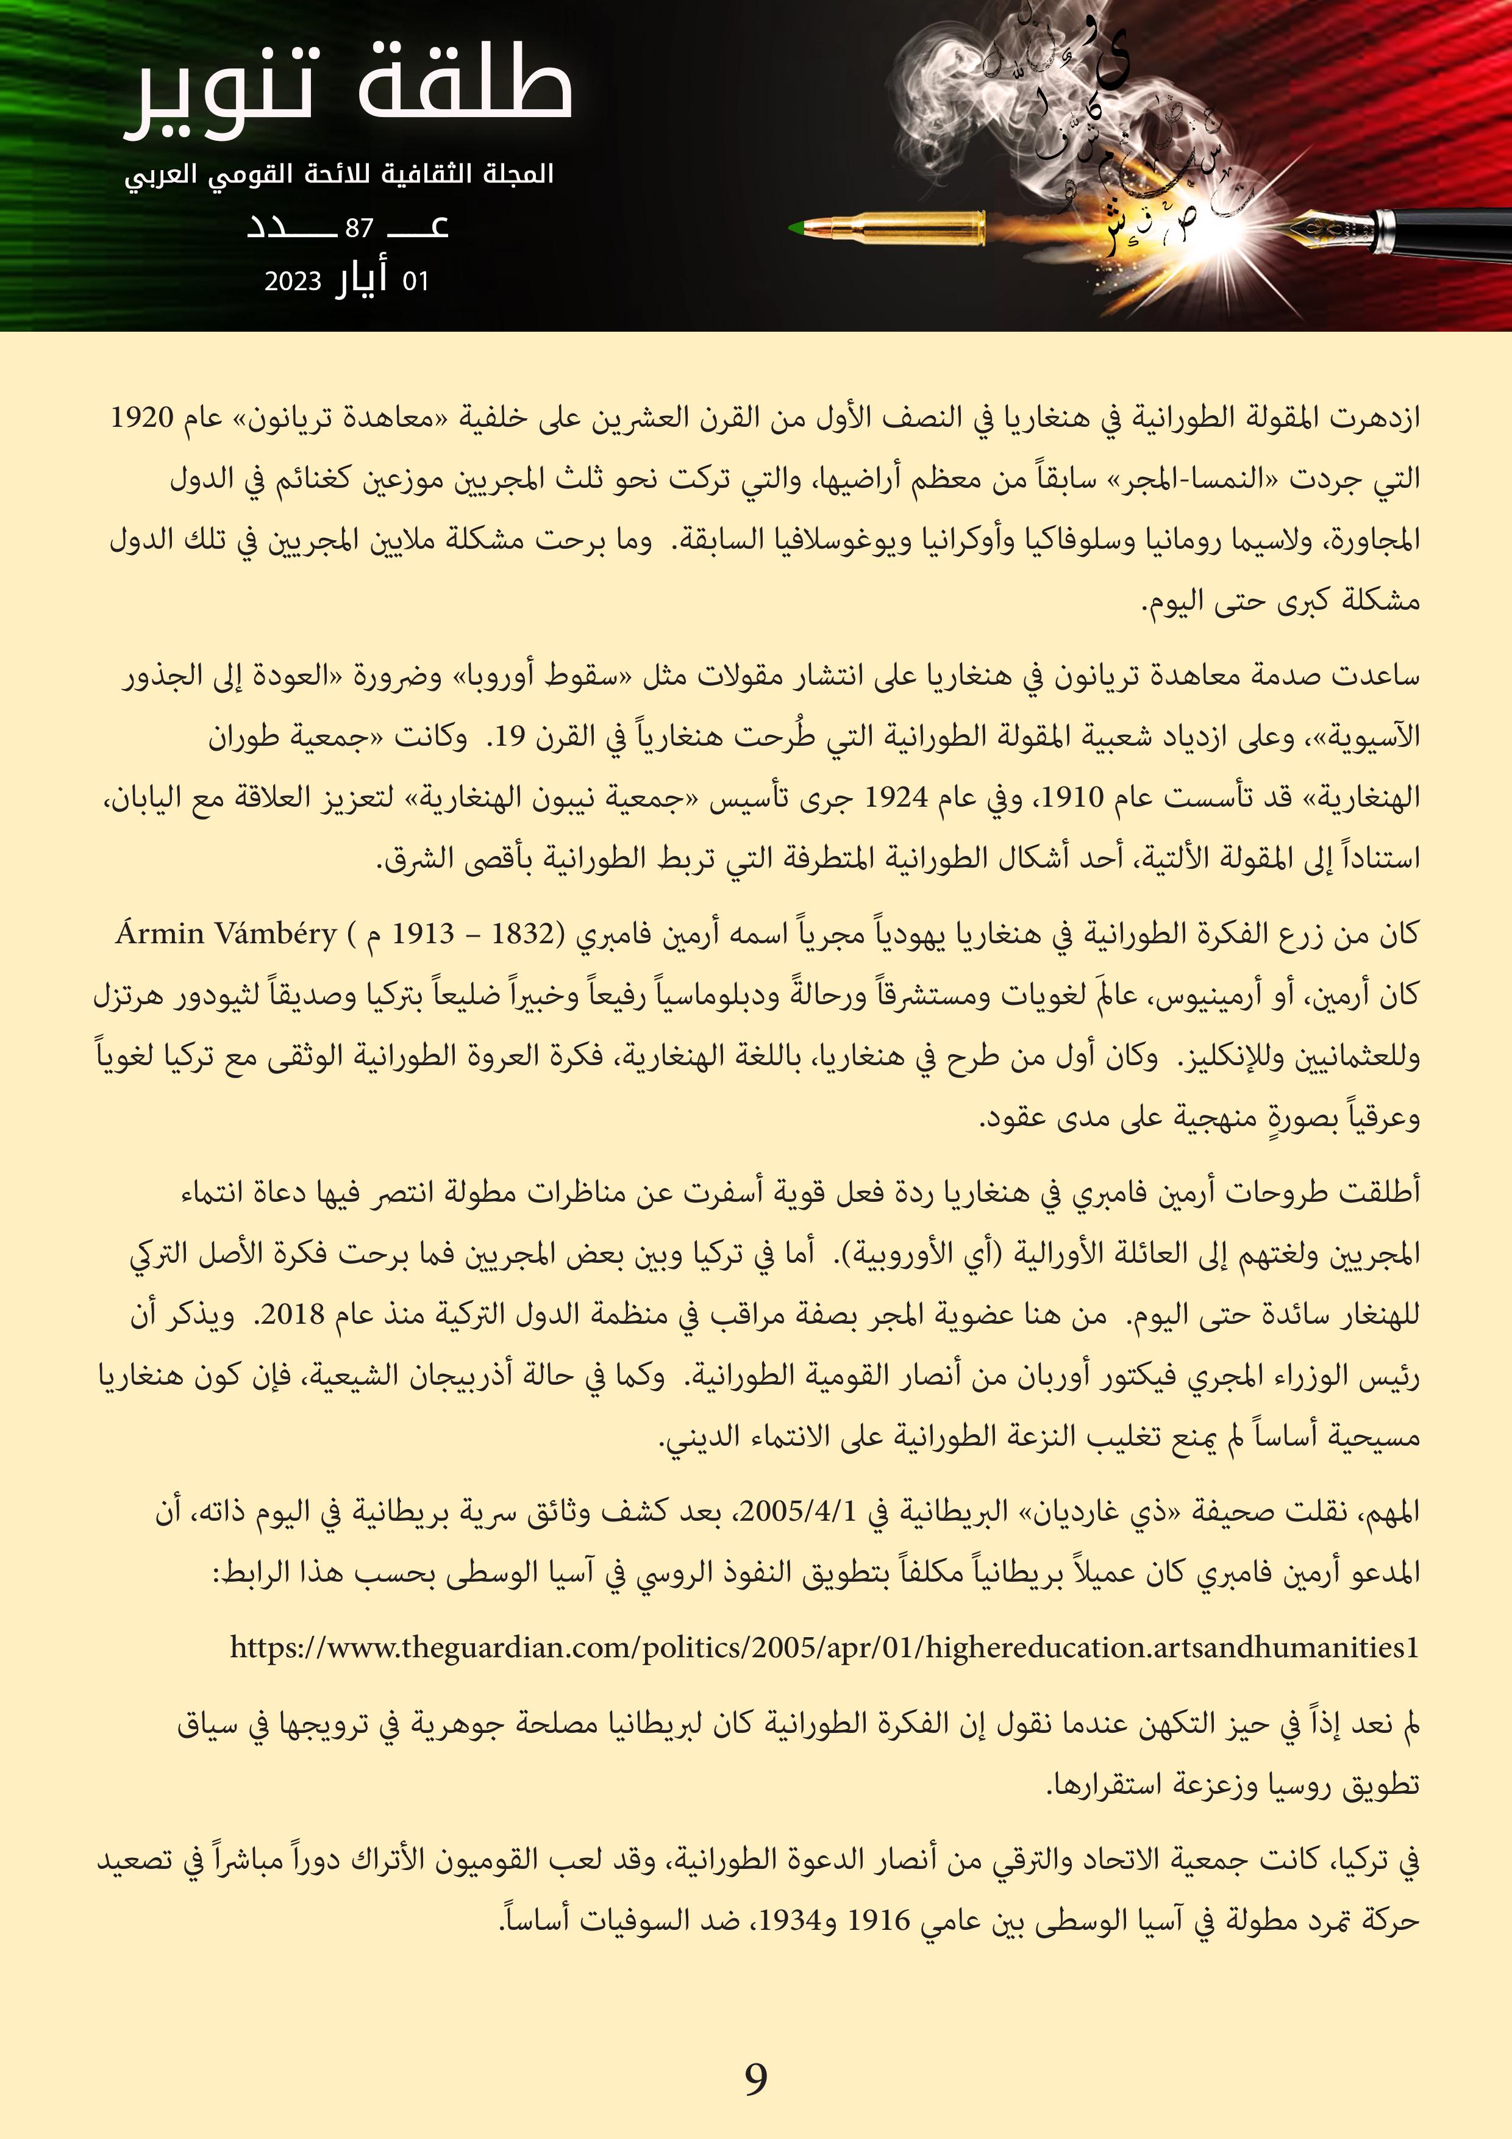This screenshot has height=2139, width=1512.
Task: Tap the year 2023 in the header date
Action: point(293,281)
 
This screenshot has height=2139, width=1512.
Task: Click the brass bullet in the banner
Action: point(894,228)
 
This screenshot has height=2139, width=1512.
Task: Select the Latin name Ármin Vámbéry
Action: point(226,932)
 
